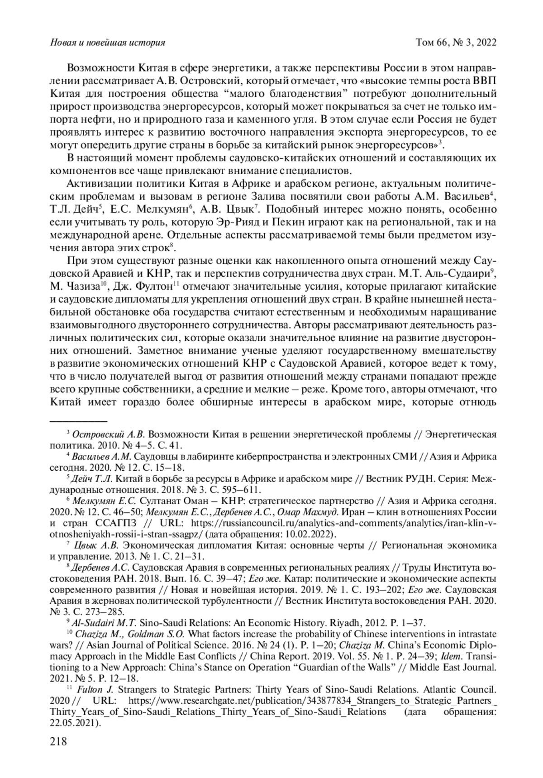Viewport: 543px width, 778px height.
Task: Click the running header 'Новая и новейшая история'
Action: click(107, 43)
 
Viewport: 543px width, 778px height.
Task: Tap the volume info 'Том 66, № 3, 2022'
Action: click(456, 43)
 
